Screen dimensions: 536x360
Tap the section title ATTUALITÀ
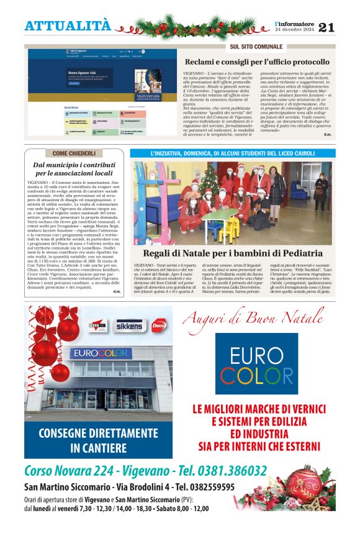(x=68, y=25)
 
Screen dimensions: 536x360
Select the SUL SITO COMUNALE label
(x=256, y=47)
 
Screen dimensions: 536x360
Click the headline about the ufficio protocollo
(x=257, y=62)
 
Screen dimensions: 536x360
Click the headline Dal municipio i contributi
(x=73, y=169)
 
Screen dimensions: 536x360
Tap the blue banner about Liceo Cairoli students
(x=233, y=153)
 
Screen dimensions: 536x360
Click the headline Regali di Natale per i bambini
(x=233, y=253)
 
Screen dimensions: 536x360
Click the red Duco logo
(x=159, y=325)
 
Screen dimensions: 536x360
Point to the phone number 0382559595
(x=205, y=487)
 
